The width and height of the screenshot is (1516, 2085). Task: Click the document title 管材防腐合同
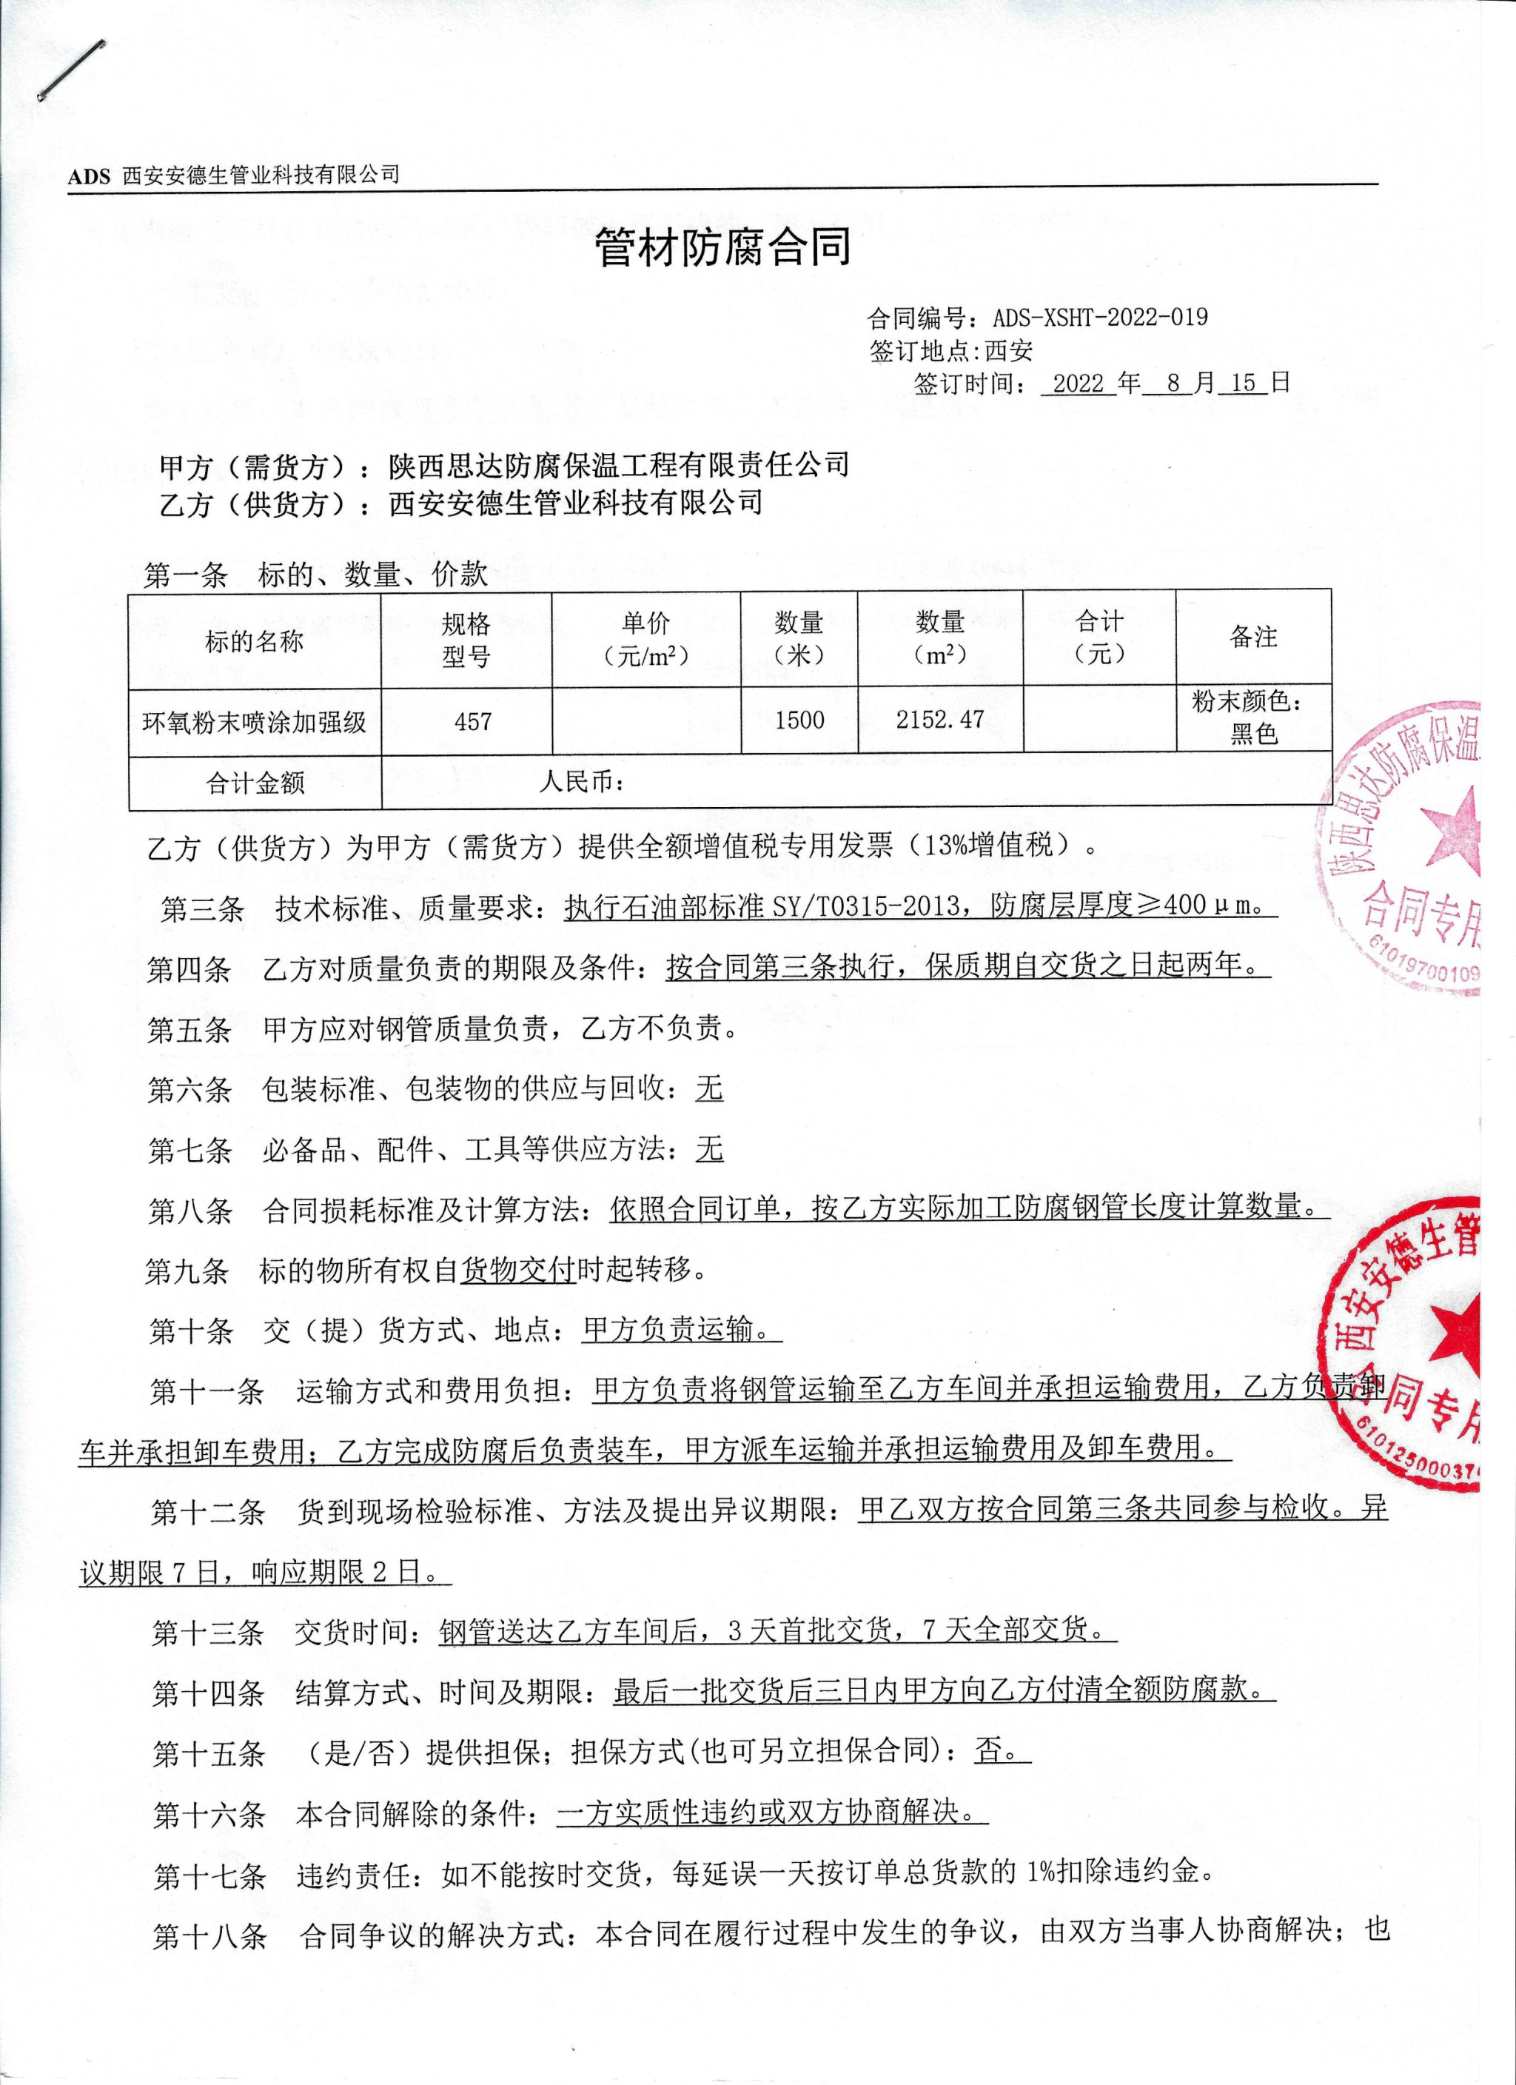tap(722, 247)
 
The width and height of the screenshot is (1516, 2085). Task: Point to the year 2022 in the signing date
tap(1078, 384)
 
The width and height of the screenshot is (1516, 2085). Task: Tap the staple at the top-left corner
tap(72, 70)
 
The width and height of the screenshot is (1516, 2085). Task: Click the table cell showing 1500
tap(799, 720)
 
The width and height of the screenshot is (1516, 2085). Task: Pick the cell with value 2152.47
tap(939, 720)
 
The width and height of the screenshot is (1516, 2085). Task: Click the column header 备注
tap(1253, 637)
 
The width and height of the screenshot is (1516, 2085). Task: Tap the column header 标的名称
tap(254, 640)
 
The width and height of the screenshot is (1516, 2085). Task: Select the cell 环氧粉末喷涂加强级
tap(254, 723)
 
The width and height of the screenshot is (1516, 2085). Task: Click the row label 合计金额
tap(255, 783)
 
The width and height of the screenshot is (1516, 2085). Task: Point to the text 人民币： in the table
tap(583, 781)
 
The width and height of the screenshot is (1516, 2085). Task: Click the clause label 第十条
tap(190, 1331)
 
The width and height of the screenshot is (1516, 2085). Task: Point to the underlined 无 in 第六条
tap(709, 1089)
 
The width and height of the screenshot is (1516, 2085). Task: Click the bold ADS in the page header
tap(88, 176)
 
